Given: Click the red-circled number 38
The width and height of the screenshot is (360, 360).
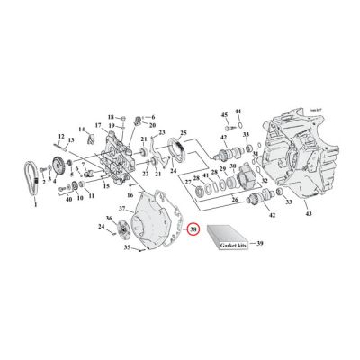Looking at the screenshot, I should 193,229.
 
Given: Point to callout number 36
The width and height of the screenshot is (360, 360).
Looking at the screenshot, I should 109,219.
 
